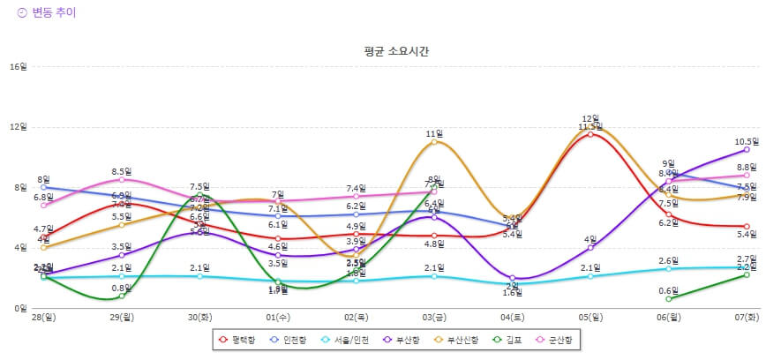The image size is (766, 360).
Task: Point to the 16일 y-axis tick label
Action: tap(18, 67)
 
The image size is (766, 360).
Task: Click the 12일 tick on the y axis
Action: tap(18, 127)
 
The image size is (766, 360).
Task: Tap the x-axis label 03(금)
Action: tap(434, 316)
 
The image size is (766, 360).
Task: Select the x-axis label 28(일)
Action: tap(44, 316)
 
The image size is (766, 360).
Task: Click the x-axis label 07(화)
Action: tap(747, 316)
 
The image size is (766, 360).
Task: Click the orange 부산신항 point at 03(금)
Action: tap(434, 142)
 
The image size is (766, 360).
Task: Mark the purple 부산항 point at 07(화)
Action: tap(747, 149)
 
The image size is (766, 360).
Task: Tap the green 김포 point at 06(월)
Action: tap(668, 299)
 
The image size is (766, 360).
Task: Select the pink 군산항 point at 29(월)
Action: tap(122, 180)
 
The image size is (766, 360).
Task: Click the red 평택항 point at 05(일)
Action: tap(590, 134)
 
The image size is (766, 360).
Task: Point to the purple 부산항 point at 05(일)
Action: tap(590, 248)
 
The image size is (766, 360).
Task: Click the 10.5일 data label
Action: tap(747, 141)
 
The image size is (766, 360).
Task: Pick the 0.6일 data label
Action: tap(668, 290)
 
